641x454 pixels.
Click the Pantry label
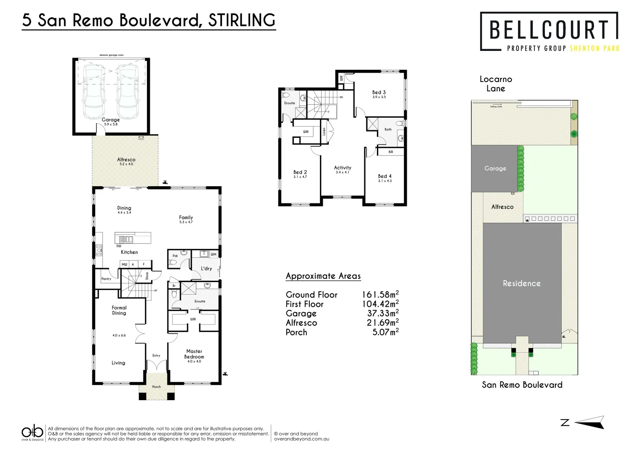tap(106, 279)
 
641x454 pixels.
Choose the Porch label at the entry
tap(156, 387)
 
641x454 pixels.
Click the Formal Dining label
tap(119, 310)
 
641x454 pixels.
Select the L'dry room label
tap(206, 268)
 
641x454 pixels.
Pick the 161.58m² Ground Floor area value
tap(380, 294)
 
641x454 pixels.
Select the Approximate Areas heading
tap(323, 276)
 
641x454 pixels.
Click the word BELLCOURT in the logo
tap(549, 30)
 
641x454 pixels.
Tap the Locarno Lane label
tap(496, 84)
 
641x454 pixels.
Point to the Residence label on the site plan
tap(521, 283)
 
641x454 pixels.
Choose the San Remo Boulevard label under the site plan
tap(522, 385)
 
